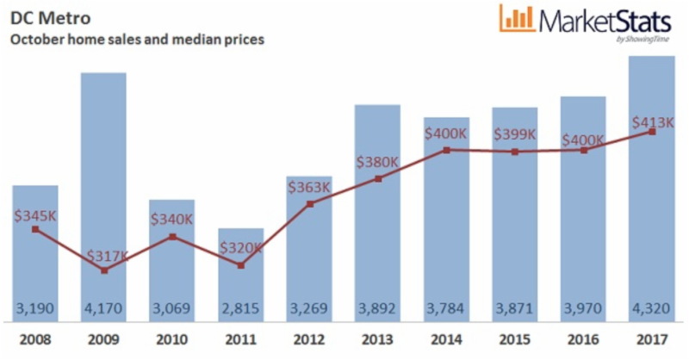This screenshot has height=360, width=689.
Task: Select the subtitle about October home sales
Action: point(136,39)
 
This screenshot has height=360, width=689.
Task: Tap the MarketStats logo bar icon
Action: point(516,19)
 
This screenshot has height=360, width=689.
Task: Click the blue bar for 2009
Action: point(103,172)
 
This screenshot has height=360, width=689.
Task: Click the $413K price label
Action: point(651,122)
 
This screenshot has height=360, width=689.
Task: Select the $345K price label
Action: point(35,215)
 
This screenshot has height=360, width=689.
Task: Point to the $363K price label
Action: point(308,187)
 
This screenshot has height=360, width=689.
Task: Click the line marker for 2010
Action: point(172,236)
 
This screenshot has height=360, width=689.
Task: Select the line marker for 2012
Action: point(309,204)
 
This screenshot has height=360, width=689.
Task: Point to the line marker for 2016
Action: point(583,150)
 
